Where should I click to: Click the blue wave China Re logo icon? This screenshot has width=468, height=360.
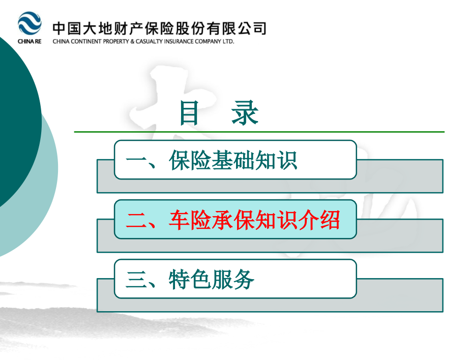[x=30, y=24]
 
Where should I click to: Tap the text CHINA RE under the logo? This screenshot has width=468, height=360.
[x=30, y=42]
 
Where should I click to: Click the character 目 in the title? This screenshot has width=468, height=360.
[x=189, y=113]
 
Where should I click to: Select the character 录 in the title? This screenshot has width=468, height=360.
[x=245, y=113]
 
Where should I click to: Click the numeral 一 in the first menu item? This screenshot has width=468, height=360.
[x=136, y=160]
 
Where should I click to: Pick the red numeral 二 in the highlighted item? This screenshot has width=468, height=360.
[x=136, y=220]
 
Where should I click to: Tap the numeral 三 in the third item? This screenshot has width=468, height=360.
[x=136, y=280]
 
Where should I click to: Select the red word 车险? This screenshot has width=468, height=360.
[x=190, y=220]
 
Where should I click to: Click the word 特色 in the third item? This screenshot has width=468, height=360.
[x=190, y=280]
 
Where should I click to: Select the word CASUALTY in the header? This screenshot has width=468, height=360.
[x=147, y=42]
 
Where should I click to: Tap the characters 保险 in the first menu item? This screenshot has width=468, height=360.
[x=190, y=160]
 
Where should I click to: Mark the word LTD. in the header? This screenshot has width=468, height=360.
[x=227, y=42]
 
